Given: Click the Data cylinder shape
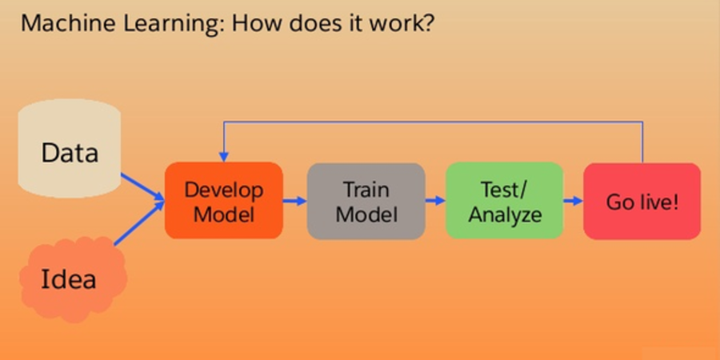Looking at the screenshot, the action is pos(70,149).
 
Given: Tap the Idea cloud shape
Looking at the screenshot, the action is pos(73,278).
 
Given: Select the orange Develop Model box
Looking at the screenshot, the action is pos(224,201).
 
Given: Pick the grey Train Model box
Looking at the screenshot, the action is pos(366,201).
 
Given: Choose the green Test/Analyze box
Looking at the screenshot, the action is pos(505,201).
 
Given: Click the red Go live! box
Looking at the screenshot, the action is pos(642,201).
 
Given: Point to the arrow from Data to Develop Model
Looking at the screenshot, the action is pos(143,187).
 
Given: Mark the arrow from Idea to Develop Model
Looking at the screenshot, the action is pos(139,223).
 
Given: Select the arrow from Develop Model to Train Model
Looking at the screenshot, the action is pos(294,201).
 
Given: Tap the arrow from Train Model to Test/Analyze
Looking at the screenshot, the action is pos(435,201).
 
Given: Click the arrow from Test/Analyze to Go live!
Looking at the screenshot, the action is pos(574,201).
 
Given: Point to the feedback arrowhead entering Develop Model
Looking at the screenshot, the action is pos(224,157).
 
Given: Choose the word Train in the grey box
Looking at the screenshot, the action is pos(366,189).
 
